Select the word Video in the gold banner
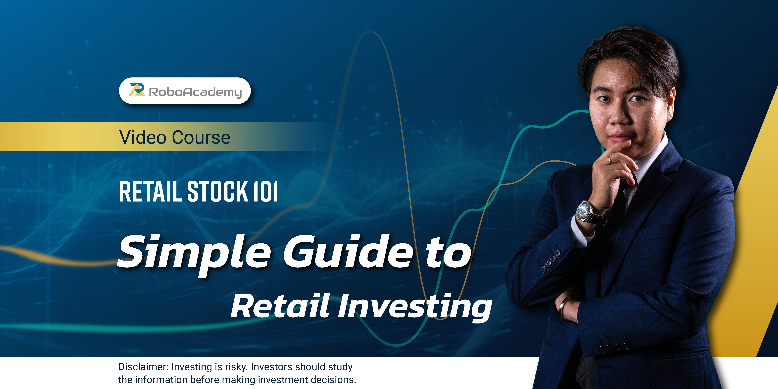[x=143, y=137]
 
